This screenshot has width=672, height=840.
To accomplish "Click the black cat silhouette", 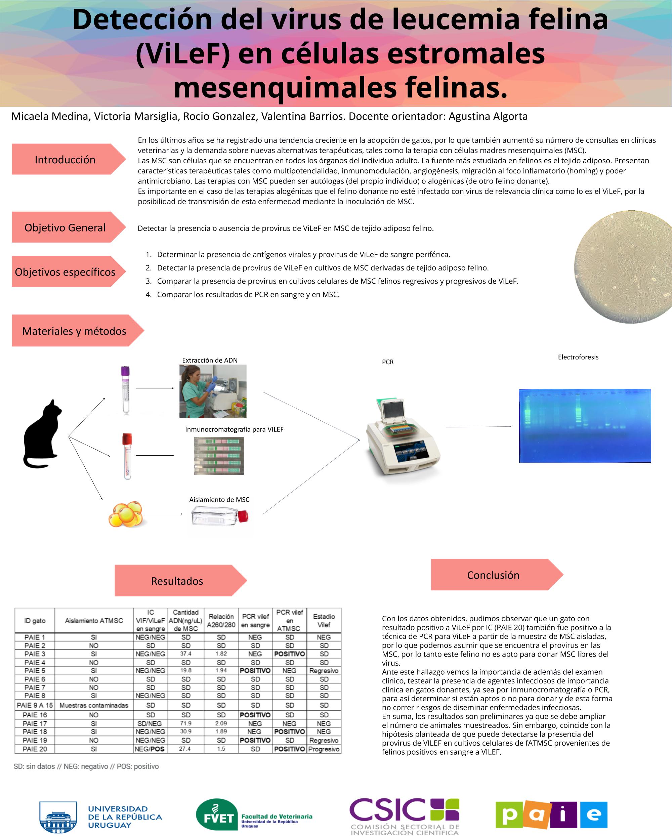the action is pos(42,434).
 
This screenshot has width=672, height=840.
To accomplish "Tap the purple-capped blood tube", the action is pos(125,390).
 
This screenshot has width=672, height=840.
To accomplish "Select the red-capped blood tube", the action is pos(127,456).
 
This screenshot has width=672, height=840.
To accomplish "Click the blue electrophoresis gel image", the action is pos(585,425).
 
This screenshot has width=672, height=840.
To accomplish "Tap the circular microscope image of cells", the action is pos(623,267).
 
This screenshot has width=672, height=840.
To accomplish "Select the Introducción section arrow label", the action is pos(69,159).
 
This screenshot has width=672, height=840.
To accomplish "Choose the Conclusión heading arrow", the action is pos(497,575).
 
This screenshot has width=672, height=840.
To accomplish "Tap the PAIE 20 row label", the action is pos(35,749).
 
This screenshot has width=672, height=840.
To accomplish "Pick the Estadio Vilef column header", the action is pos(324,620).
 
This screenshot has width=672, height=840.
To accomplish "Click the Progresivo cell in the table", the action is pos(324,749).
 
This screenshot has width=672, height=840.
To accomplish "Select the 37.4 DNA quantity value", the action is pos(186,654).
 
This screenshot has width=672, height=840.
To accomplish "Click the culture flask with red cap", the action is pos(220,517).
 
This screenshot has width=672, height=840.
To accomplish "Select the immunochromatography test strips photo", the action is pos(219,456).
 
